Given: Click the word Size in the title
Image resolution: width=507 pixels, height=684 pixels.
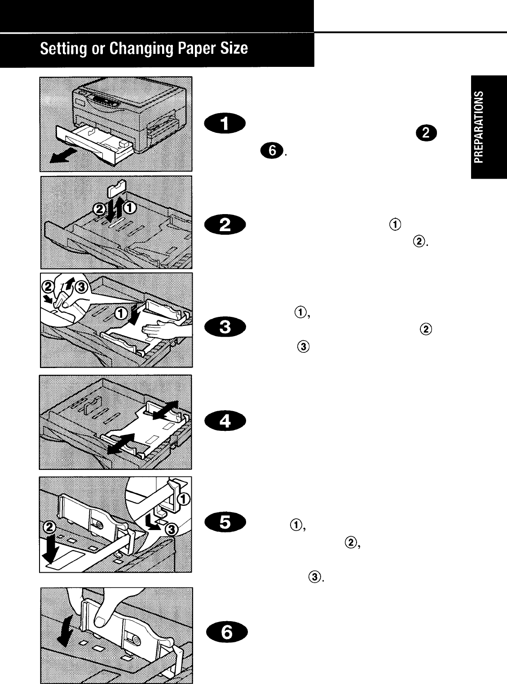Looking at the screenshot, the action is tap(234, 48).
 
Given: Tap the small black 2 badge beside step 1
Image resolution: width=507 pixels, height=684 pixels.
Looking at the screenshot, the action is tap(425, 132).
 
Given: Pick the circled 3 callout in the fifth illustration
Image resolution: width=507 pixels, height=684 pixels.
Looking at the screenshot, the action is tap(172, 530).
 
